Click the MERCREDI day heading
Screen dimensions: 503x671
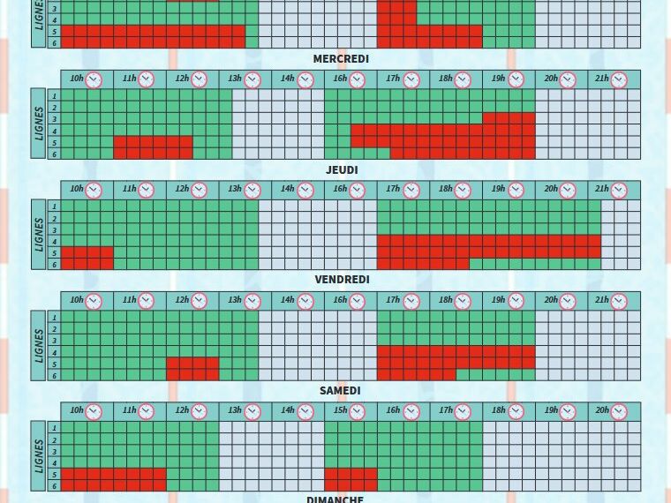341,59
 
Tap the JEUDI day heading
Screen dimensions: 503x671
341,169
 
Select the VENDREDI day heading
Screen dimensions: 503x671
341,280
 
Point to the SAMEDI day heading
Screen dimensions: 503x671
340,390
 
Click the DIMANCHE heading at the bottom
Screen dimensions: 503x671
335,499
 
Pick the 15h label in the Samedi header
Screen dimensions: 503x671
340,410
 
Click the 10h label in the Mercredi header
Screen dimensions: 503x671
77,79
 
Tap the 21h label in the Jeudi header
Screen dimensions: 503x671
601,189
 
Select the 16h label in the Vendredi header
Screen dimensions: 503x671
340,300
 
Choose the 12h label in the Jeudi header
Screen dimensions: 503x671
182,189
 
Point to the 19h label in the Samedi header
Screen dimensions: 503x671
551,410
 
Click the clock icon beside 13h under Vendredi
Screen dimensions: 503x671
253,301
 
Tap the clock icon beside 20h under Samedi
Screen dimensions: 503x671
619,411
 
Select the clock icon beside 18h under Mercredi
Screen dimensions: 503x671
463,80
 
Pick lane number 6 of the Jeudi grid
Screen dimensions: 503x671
54,264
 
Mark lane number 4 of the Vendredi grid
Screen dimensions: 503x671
54,352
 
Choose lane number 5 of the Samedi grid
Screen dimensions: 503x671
54,475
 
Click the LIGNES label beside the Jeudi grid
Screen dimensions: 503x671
39,234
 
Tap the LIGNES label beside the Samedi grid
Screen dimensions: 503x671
39,455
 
